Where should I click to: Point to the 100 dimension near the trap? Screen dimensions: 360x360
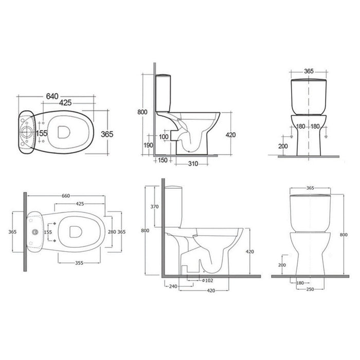point(164,137)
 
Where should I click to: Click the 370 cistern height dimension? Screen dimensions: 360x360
point(154,207)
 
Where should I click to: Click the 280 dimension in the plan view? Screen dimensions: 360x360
point(112,231)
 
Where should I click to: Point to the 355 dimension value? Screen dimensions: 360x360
point(79,262)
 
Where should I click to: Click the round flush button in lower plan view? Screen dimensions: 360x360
point(34,232)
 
